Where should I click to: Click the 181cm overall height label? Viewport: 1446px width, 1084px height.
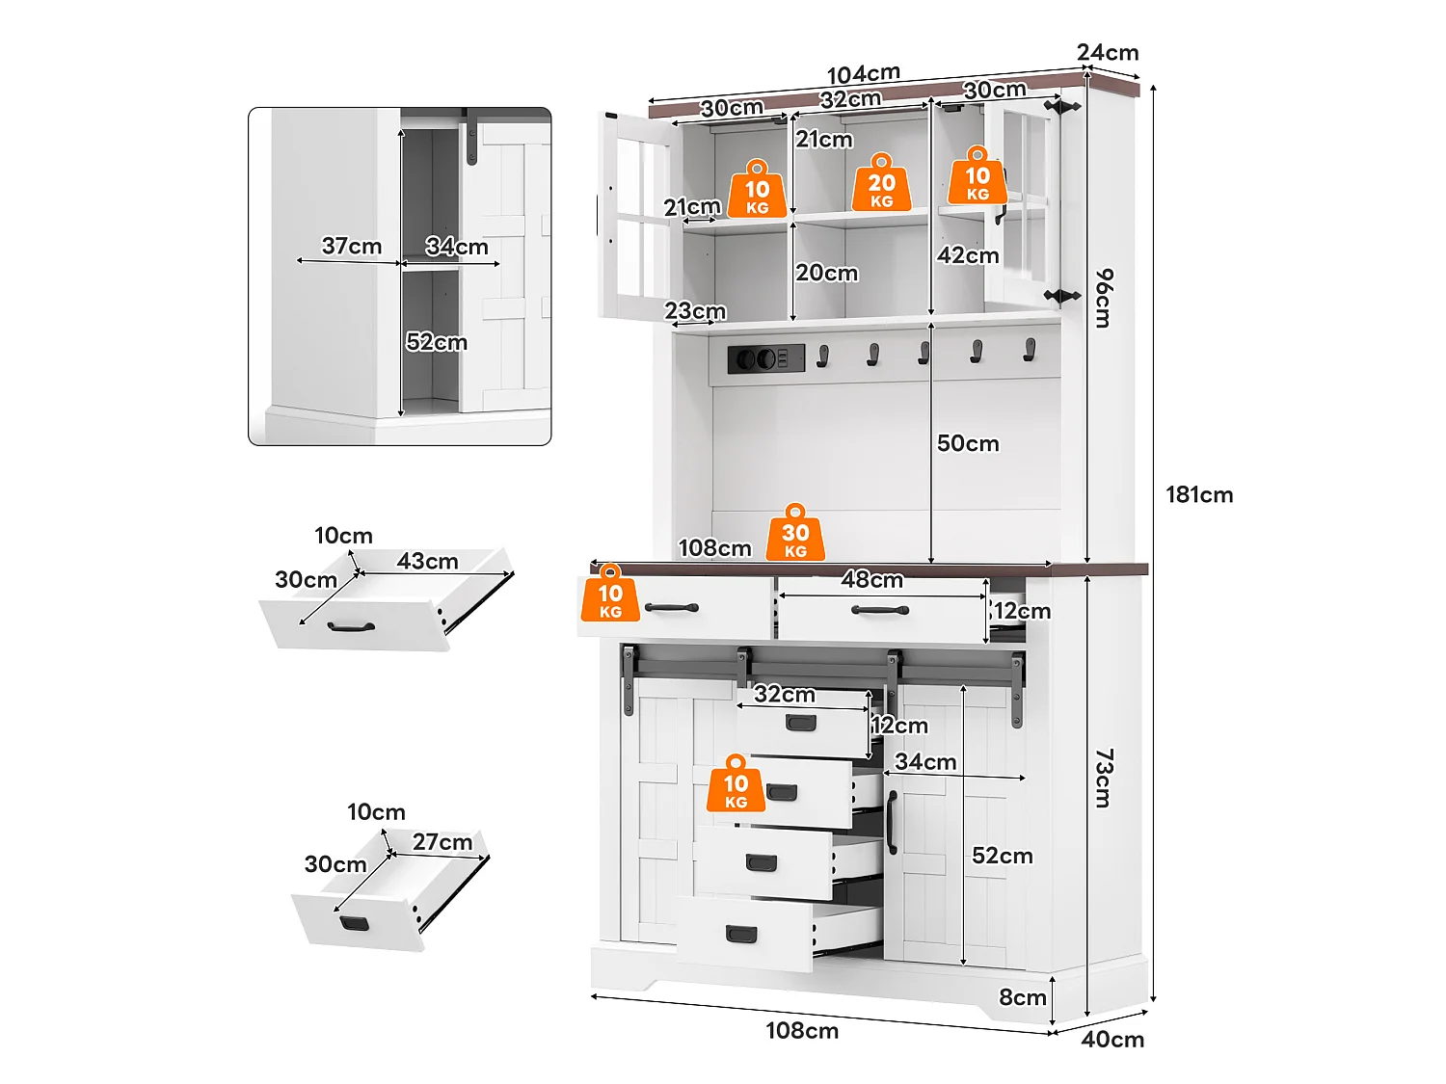[1199, 495]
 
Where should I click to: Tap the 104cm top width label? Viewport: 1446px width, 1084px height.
[863, 74]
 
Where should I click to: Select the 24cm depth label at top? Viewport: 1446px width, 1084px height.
[1108, 52]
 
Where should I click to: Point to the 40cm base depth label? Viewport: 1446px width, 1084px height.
[1112, 1040]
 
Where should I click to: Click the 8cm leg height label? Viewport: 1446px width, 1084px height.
[1023, 997]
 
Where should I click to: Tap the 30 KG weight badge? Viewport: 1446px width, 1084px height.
[795, 533]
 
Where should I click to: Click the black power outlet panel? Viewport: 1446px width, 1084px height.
[766, 358]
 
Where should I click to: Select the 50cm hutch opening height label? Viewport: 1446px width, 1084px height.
[968, 443]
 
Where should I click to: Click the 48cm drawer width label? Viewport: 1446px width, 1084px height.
[871, 579]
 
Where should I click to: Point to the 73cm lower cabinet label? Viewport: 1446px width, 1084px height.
[1104, 778]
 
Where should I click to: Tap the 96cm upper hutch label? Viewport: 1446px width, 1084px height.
[1104, 298]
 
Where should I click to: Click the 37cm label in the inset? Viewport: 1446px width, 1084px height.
[351, 246]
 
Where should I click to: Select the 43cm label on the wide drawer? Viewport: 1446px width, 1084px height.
[427, 561]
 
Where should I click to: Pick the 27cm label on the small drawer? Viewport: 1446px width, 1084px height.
[442, 842]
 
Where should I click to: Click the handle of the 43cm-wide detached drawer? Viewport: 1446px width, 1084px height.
[351, 627]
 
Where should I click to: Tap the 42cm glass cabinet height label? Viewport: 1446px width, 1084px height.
[968, 255]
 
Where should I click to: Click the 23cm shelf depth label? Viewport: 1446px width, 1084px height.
[694, 310]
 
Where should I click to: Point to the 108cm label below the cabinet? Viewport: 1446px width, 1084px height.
[802, 1031]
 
